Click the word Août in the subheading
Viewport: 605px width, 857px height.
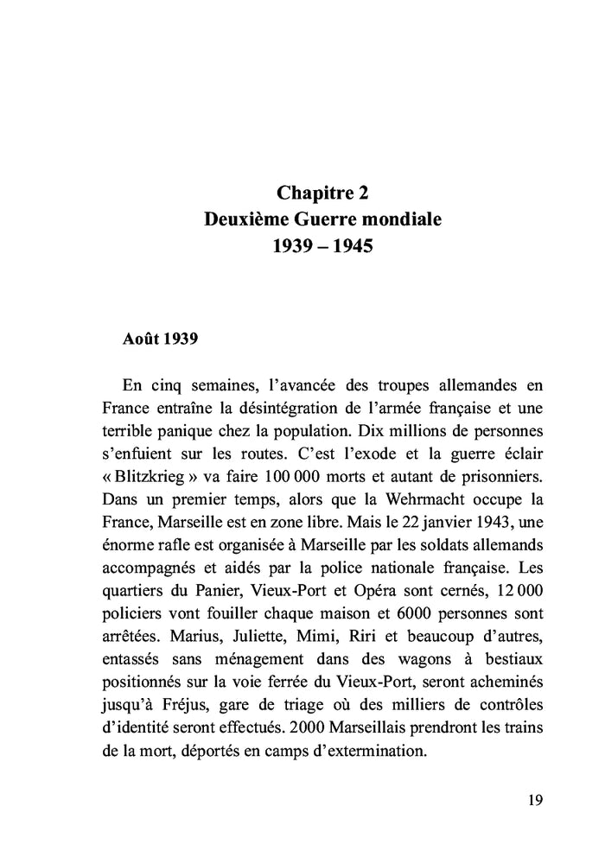click(x=142, y=338)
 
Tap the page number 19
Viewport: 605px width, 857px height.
click(x=534, y=799)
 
